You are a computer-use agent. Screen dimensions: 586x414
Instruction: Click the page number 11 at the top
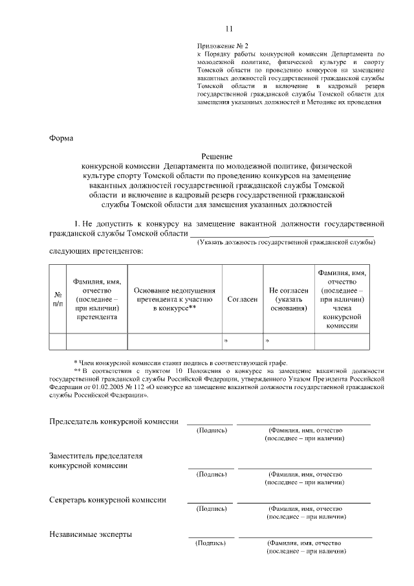pos(228,28)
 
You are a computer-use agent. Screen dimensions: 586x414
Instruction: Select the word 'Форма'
pos(61,137)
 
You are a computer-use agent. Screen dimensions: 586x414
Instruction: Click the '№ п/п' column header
pos(58,299)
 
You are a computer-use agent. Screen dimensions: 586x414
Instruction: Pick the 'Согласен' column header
pos(243,299)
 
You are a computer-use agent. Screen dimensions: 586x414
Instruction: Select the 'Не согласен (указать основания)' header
pos(289,299)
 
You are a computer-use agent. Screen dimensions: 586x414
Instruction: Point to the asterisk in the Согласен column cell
pos(226,341)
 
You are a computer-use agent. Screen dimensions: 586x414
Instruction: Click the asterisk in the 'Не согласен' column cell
pos(267,341)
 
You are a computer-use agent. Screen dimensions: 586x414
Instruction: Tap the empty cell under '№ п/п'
pos(58,341)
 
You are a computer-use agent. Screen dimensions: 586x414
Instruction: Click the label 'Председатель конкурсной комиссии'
pos(114,422)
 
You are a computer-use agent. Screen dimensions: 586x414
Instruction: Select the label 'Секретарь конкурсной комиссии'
pos(108,499)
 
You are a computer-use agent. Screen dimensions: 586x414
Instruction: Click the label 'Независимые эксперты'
pos(91,534)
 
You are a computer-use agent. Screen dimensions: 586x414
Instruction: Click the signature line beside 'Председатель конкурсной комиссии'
pos(210,424)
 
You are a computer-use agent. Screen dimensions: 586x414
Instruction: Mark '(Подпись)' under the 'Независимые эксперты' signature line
pos(210,543)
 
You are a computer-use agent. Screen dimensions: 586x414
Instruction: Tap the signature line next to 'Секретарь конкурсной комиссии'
pos(210,502)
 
